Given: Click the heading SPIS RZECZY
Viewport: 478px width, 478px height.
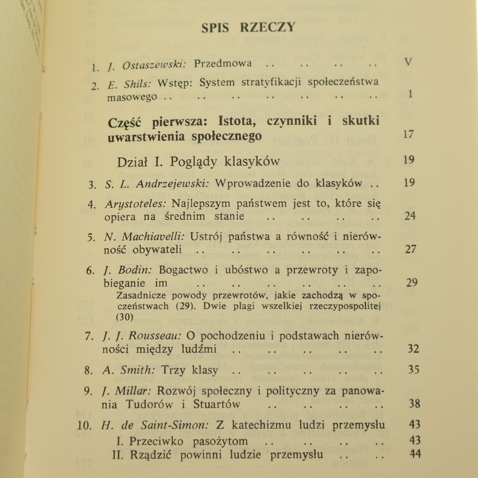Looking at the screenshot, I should click(248, 27).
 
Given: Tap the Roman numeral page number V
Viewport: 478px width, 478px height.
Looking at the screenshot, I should click(408, 62).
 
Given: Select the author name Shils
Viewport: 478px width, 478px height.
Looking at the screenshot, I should click(137, 84).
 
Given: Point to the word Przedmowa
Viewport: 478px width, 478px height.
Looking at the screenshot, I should click(223, 64).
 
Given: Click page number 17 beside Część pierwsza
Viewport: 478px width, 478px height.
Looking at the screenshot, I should click(408, 134).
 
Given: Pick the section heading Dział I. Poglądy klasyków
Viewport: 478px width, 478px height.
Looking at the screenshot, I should click(198, 162).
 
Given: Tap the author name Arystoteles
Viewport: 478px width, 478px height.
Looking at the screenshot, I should click(135, 203).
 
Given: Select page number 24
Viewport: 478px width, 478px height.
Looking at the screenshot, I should click(410, 216).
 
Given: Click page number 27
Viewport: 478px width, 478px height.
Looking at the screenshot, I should click(410, 249).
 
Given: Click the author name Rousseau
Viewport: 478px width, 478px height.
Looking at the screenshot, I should click(155, 336).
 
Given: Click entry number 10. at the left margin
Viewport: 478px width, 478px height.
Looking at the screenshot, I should click(85, 425).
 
